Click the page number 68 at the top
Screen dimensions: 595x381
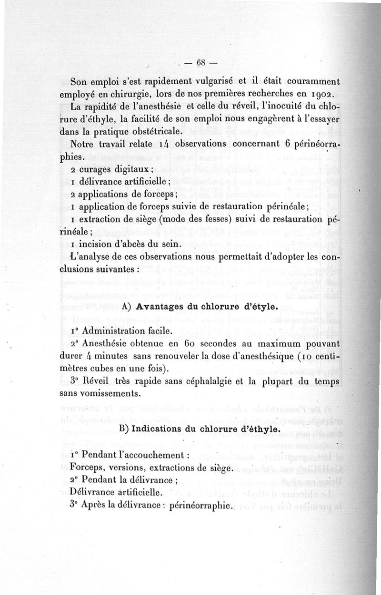(200, 62)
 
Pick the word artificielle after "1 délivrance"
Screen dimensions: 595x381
(138, 181)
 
